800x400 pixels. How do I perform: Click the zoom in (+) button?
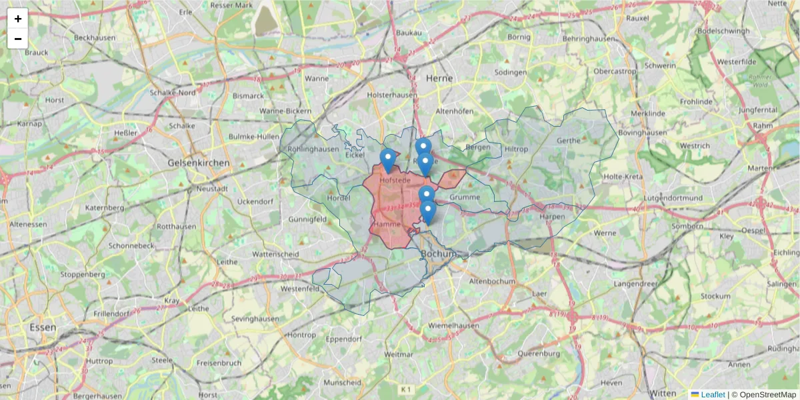(18, 19)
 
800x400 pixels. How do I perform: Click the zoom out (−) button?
(18, 39)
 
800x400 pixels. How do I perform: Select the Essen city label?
(43, 327)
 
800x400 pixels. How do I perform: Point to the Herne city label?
(439, 78)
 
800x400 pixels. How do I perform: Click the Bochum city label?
(439, 254)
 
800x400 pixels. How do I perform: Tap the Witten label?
(663, 392)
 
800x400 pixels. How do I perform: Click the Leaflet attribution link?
(712, 395)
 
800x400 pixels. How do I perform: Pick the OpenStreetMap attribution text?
(767, 395)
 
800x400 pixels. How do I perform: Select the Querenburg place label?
(537, 353)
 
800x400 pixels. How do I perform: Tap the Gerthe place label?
(568, 141)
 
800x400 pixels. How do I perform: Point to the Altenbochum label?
(493, 281)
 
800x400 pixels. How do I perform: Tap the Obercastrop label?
(615, 71)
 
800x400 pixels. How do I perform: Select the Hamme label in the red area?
(387, 225)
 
